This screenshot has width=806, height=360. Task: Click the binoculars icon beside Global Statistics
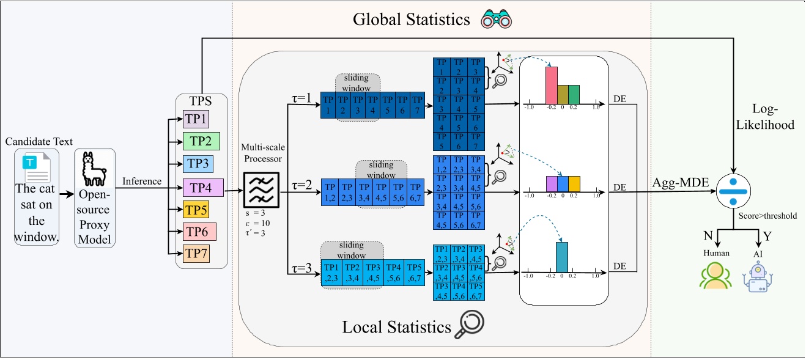click(495, 20)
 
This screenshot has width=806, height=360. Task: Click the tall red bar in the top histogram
click(551, 85)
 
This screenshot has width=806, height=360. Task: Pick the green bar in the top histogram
click(573, 94)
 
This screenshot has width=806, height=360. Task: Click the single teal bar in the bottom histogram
click(562, 256)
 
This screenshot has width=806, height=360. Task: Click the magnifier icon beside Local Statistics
click(471, 325)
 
